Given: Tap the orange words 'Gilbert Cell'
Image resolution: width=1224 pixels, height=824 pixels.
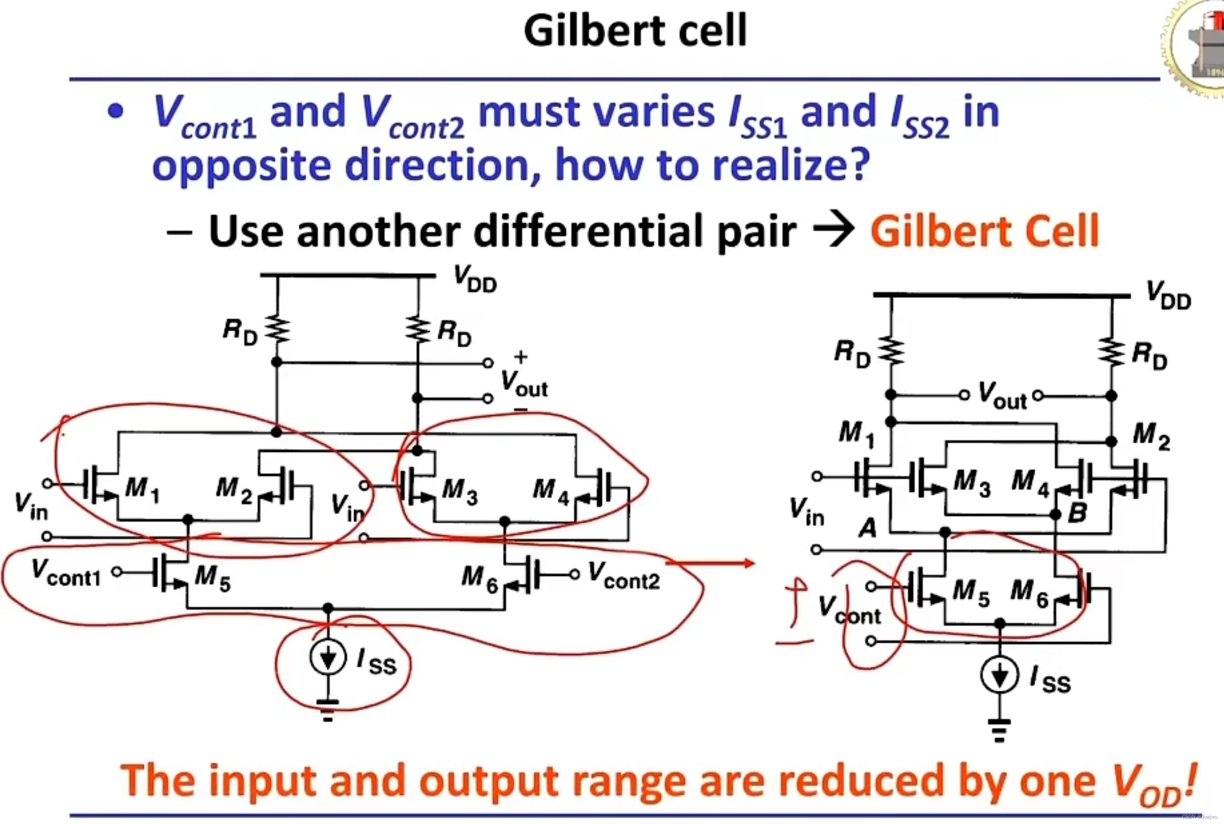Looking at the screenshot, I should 984,231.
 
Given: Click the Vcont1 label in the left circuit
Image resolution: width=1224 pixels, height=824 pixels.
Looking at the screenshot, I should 65,573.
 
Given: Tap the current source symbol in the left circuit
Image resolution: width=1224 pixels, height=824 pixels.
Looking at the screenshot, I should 328,657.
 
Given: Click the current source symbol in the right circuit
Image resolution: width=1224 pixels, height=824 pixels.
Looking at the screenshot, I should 999,675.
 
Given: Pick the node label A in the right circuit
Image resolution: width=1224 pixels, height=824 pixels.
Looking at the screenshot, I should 867,527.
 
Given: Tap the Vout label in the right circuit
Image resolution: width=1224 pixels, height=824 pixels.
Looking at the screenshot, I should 1002,396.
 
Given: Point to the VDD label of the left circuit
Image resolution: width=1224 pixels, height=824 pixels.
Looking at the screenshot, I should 475,279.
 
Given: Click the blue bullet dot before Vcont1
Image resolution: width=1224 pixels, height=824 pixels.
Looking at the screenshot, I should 115,112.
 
